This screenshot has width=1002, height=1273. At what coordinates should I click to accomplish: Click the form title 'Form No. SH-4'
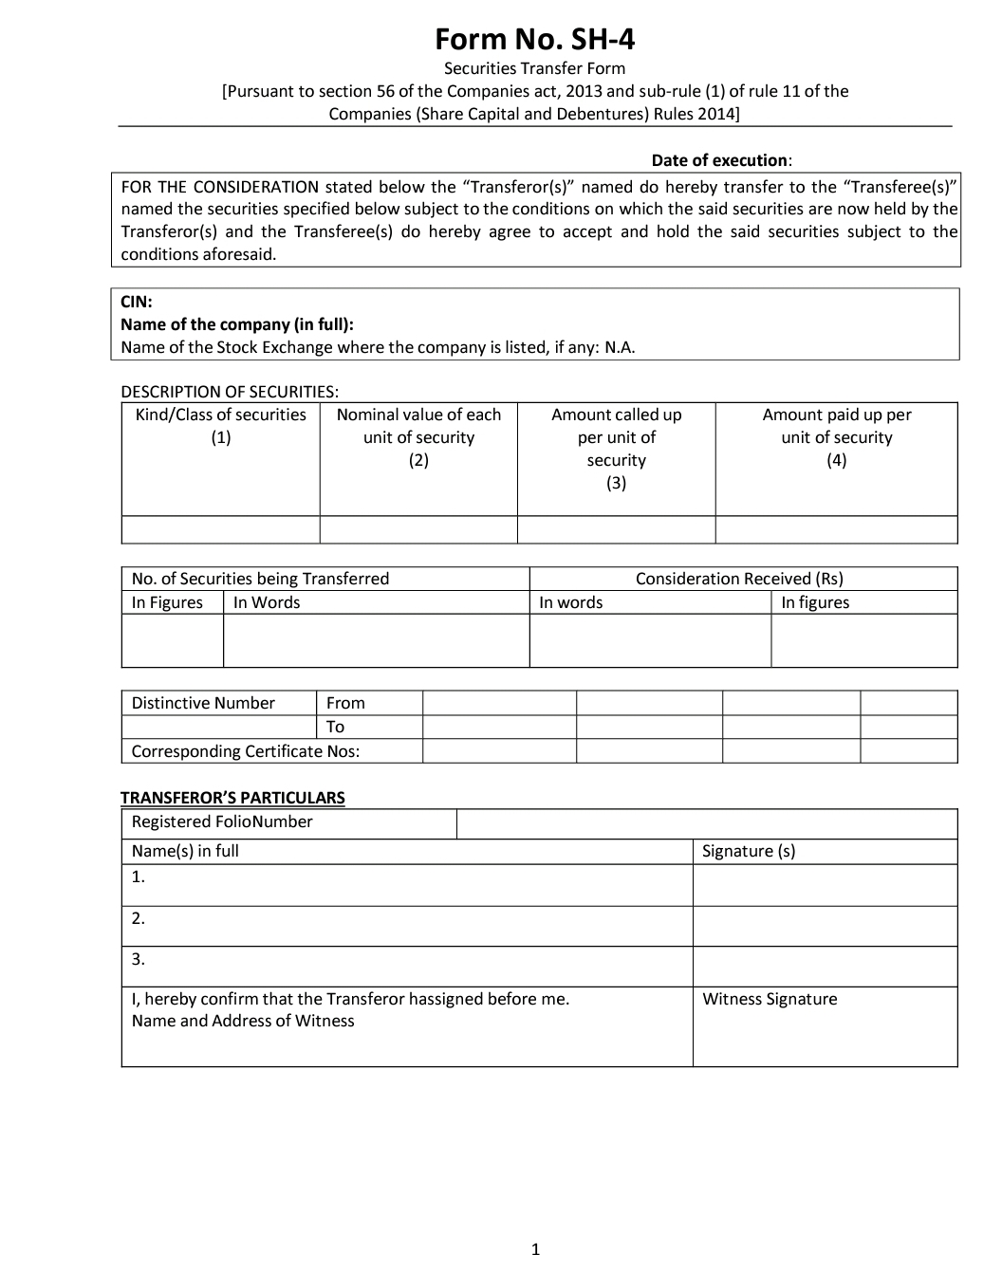534,39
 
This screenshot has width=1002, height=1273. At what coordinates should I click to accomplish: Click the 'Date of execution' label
719,160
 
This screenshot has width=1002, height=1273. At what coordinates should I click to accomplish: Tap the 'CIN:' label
137,302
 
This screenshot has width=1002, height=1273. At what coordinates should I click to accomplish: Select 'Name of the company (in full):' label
237,324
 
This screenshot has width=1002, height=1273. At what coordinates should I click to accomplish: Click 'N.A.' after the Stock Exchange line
620,347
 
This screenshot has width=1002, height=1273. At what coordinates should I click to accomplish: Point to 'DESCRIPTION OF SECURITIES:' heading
230,392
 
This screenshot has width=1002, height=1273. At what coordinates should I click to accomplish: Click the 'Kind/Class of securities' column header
221,415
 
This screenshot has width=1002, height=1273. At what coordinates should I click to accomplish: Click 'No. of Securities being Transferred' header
260,579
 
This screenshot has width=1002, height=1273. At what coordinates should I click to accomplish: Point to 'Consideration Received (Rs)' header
739,579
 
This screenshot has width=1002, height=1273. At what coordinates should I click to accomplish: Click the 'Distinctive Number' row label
203,703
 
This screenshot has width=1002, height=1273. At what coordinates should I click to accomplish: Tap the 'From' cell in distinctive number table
345,703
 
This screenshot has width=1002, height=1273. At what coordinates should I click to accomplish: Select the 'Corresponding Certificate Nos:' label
246,751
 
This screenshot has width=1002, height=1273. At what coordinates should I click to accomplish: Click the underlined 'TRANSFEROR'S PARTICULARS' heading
232,798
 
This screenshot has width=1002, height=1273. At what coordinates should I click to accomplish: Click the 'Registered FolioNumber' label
222,822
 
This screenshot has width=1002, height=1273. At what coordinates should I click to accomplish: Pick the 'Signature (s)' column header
749,851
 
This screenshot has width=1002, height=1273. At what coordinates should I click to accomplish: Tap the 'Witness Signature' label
770,999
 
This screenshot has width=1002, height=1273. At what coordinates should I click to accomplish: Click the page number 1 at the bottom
535,1249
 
